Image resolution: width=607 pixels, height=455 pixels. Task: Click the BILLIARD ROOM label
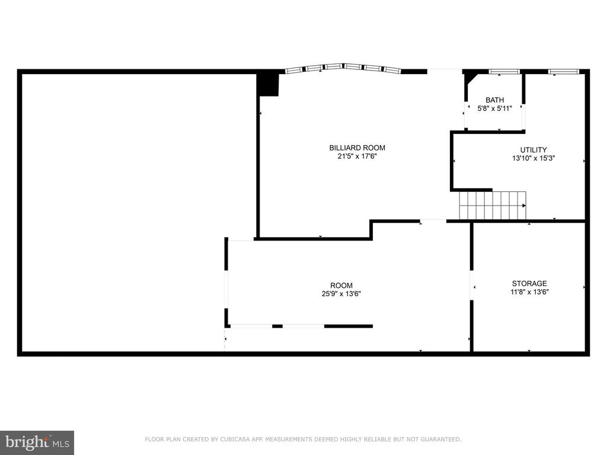(x=357, y=148)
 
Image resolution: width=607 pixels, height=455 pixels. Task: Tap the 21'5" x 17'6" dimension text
(x=357, y=156)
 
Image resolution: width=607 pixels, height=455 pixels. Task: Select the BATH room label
(x=495, y=100)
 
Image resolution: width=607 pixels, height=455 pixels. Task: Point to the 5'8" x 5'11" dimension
(x=495, y=109)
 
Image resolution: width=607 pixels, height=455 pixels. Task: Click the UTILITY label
(x=533, y=150)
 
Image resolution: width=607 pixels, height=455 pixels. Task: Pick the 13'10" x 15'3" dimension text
(x=533, y=158)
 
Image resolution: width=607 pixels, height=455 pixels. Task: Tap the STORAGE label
(x=529, y=284)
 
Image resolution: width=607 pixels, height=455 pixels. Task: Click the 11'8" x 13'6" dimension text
(x=529, y=292)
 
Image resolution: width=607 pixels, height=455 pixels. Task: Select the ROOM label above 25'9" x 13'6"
(x=341, y=286)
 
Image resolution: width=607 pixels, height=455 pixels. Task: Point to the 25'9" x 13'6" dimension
(x=341, y=294)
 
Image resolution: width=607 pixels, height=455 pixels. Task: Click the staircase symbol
(x=493, y=205)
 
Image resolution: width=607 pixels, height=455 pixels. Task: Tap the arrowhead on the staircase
(x=524, y=206)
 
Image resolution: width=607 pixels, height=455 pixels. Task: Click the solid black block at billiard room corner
(x=268, y=85)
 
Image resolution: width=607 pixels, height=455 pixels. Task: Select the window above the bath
(x=504, y=72)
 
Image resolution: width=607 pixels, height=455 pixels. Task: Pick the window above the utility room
(x=564, y=72)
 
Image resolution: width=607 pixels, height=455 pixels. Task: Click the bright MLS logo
(x=37, y=442)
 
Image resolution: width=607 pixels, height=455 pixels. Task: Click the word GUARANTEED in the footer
(x=441, y=439)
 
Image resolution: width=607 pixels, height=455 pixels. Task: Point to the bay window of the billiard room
(x=343, y=68)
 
